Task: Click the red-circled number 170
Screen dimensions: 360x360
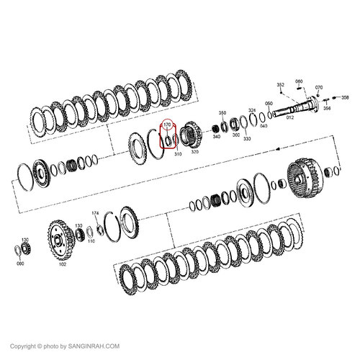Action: point(167,125)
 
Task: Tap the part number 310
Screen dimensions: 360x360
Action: point(176,153)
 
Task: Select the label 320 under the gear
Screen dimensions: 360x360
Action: point(194,153)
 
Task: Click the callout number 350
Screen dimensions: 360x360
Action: point(222,113)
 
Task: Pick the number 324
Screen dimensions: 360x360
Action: point(252,110)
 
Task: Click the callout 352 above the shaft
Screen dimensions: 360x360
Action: point(281,85)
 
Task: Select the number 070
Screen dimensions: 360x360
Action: point(319,86)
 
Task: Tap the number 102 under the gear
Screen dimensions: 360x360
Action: point(63,264)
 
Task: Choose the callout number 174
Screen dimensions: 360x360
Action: point(94,213)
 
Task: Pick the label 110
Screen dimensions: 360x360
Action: point(91,241)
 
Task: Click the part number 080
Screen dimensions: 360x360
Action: point(20,264)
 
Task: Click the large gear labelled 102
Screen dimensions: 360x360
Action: point(58,238)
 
